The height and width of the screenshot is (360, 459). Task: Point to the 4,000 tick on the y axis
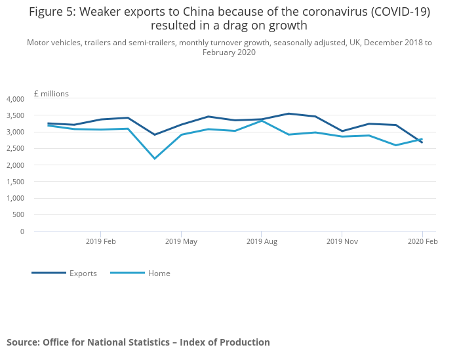tap(15, 99)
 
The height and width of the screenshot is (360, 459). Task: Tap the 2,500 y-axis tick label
tap(15, 149)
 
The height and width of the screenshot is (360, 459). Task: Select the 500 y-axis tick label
tap(18, 214)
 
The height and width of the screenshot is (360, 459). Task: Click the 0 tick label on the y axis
tap(22, 231)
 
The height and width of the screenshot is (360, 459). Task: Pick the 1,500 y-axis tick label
tap(15, 182)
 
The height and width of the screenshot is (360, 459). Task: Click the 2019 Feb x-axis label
tap(101, 241)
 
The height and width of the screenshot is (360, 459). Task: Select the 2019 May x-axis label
tap(181, 241)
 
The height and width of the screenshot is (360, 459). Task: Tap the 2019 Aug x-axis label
tap(262, 241)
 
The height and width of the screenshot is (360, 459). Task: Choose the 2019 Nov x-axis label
tap(342, 241)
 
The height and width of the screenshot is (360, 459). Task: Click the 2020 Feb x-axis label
tap(422, 241)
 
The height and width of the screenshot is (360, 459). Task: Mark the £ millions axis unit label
tap(51, 94)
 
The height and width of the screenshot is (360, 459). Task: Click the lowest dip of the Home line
tap(155, 159)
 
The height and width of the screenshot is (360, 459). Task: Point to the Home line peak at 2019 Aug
tap(262, 121)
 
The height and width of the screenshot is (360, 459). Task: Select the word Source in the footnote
tap(22, 342)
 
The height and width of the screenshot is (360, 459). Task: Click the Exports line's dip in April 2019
tap(155, 135)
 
